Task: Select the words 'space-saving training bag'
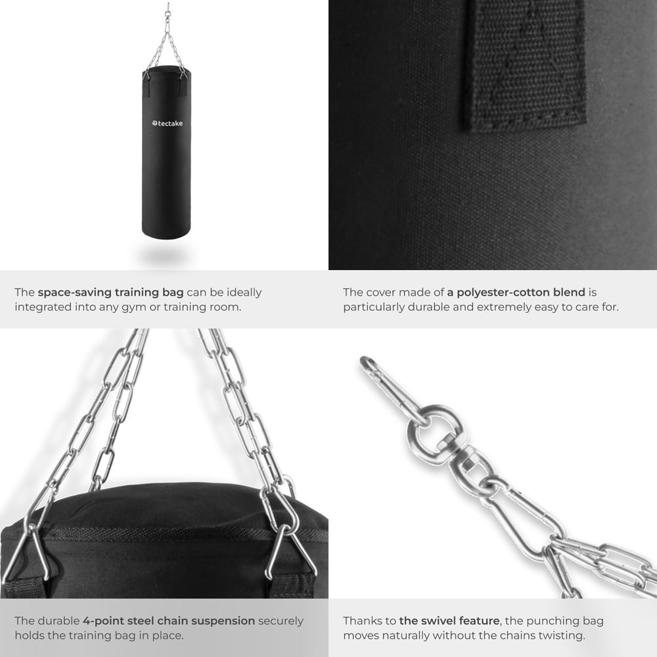[x=112, y=292]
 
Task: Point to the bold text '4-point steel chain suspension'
[x=169, y=620]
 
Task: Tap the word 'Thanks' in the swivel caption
[x=361, y=620]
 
